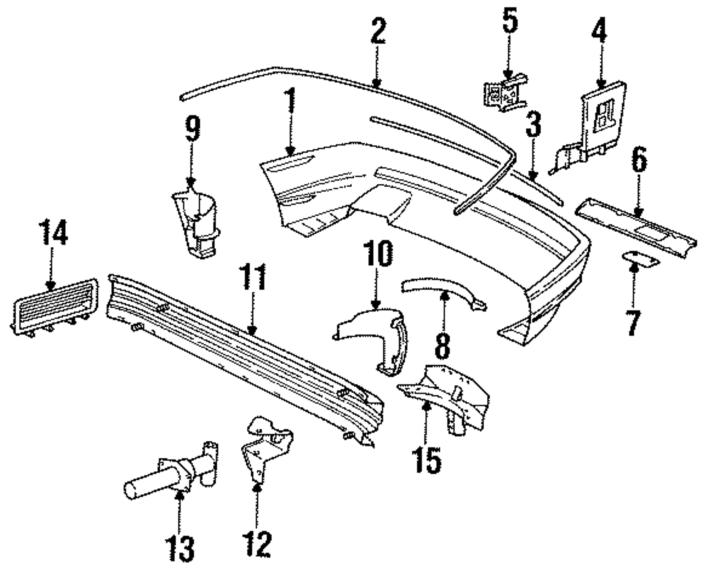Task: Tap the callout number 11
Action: point(255,278)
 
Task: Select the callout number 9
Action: point(193,130)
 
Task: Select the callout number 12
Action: point(257,544)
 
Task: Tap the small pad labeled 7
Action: point(641,260)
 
